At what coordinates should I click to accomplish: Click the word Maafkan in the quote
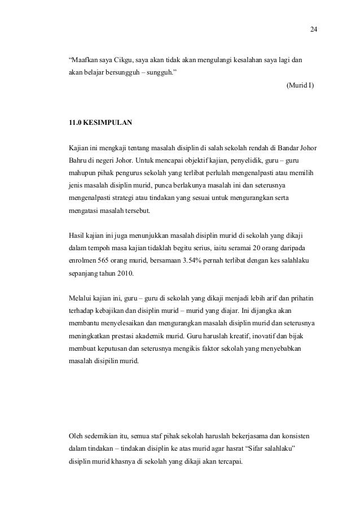coord(82,59)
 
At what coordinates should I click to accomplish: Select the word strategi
coord(126,198)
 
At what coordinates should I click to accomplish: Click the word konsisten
coord(301,436)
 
